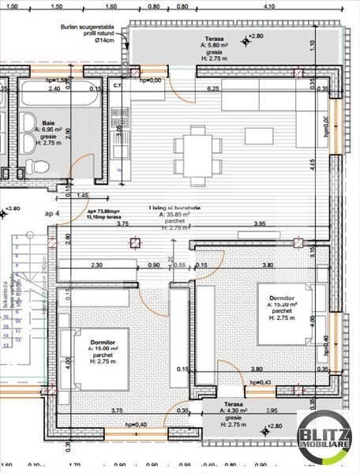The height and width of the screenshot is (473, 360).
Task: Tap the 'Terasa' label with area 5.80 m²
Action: [214, 37]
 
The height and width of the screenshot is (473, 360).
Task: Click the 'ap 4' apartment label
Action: [52, 214]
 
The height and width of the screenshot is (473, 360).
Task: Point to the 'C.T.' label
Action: [118, 85]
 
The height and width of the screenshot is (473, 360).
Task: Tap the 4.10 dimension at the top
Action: [268, 6]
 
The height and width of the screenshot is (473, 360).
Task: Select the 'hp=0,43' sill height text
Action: [259, 383]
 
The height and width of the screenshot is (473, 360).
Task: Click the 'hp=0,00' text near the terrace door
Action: [150, 81]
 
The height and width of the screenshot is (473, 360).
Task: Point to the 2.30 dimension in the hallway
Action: [96, 265]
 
